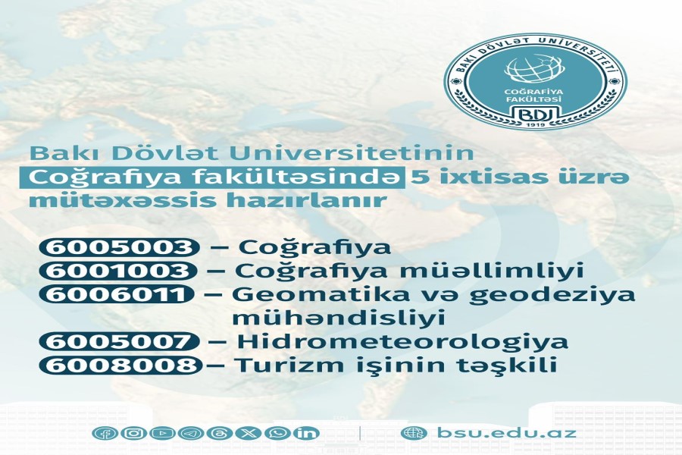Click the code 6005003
[119, 247]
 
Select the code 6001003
[118, 271]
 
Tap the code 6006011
[117, 294]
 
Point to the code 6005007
[119, 341]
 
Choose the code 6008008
[120, 365]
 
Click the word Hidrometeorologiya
[402, 342]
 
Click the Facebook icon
[105, 433]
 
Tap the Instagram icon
[133, 433]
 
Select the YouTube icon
[162, 433]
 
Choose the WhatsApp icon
[277, 433]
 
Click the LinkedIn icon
[306, 433]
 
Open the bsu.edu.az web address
[507, 433]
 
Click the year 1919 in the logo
[535, 124]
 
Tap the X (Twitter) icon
[249, 433]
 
